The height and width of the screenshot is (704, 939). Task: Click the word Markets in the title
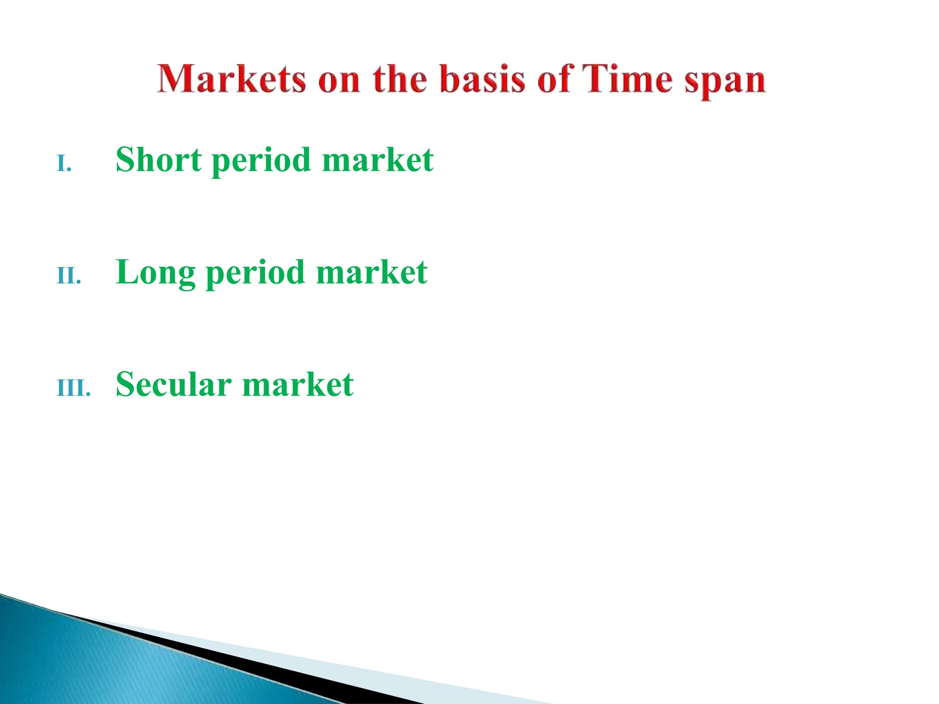tap(232, 79)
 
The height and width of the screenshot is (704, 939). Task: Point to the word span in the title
tap(725, 82)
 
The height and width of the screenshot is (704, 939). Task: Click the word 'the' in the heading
tap(399, 79)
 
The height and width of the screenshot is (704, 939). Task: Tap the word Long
tap(155, 272)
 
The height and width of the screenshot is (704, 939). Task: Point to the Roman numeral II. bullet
tap(69, 276)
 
